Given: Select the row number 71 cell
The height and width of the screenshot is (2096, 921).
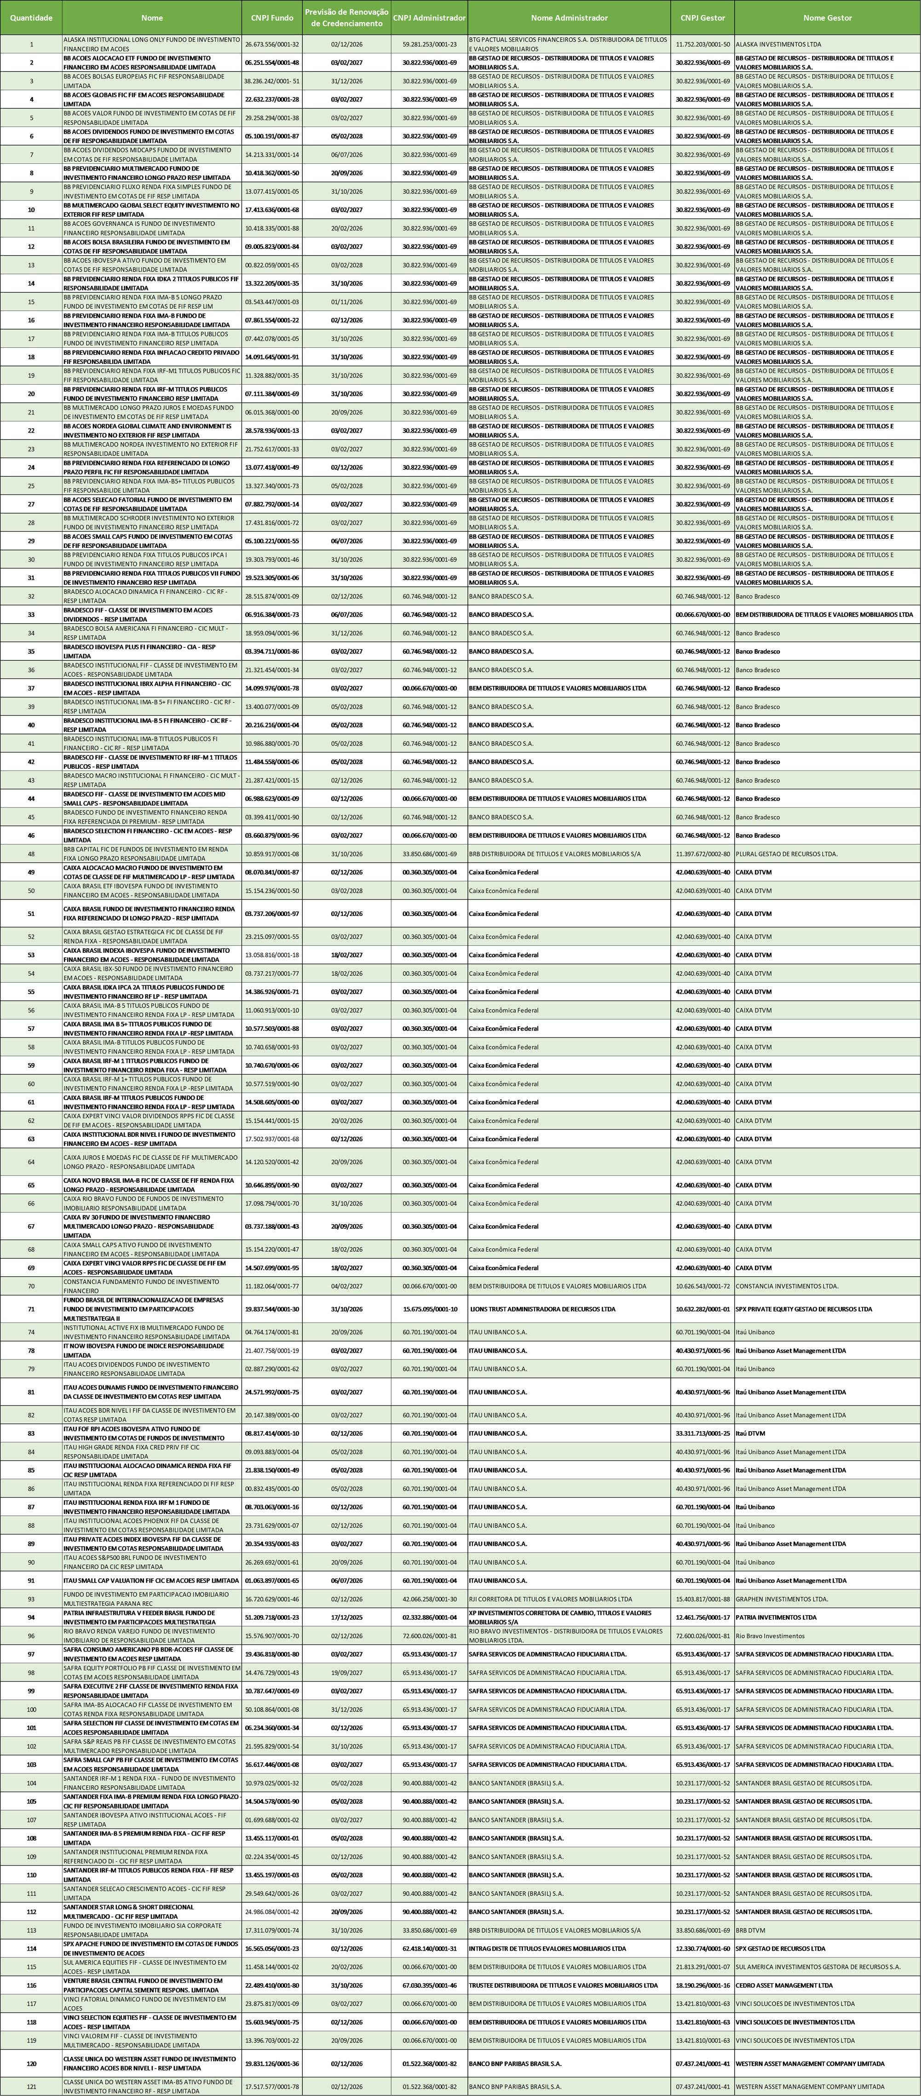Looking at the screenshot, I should [31, 1309].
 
